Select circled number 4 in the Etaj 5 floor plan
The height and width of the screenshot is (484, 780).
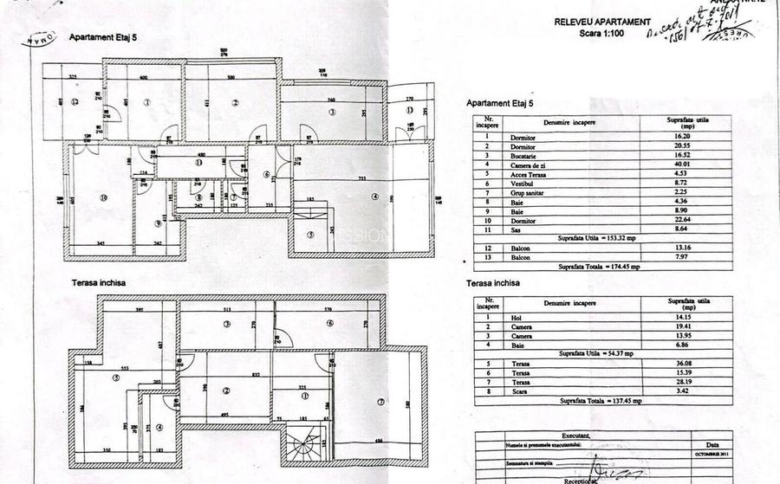374,197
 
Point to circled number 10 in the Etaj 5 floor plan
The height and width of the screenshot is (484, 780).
103,198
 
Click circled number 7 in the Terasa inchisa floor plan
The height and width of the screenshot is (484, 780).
380,400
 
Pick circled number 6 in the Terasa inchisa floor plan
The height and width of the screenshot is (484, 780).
330,323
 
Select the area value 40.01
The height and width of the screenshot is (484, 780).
681,164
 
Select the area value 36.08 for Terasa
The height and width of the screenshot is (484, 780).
681,363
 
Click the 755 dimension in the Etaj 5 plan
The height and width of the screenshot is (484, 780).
360,178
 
